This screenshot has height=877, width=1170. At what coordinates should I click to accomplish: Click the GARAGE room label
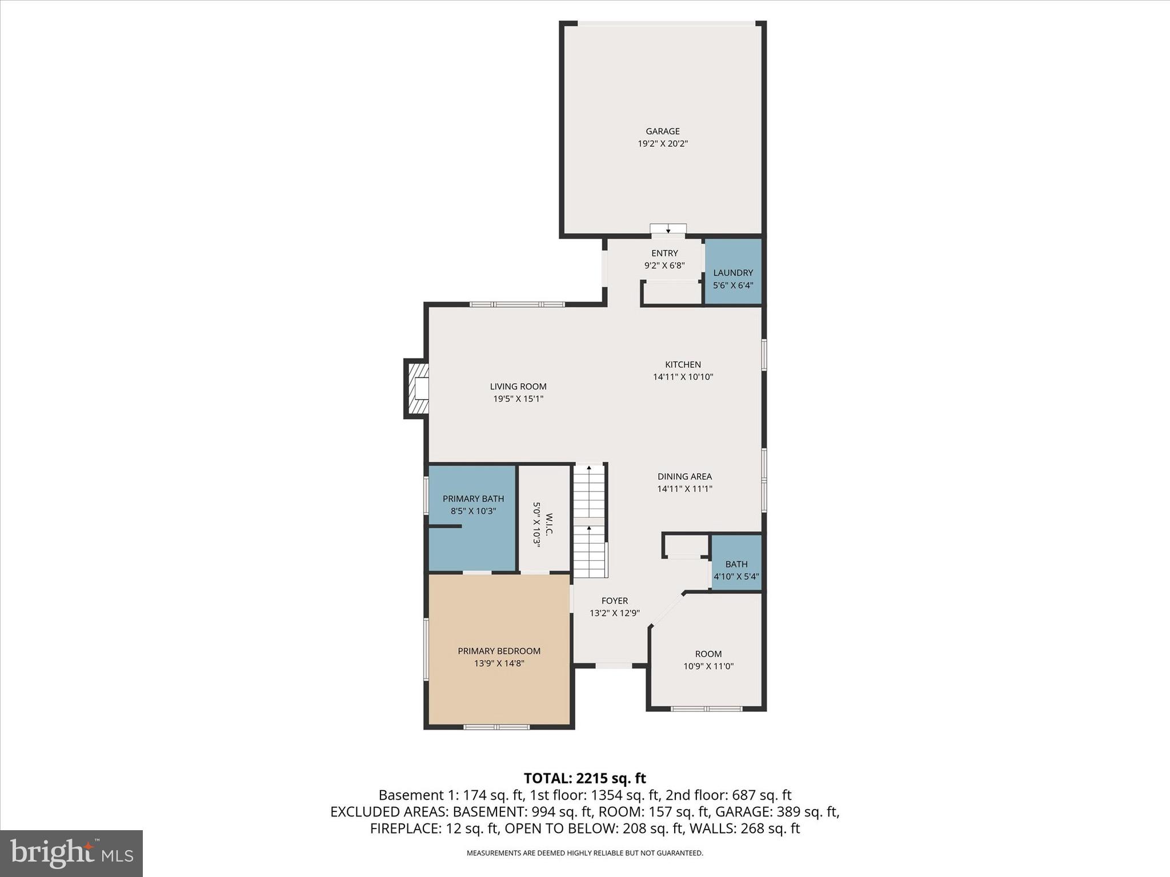click(663, 131)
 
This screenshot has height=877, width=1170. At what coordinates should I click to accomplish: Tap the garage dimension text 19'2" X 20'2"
click(663, 144)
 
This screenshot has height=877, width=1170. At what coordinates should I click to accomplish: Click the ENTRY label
click(664, 253)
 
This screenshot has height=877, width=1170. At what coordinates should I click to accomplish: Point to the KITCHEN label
click(683, 364)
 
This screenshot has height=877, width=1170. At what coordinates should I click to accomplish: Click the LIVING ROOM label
click(518, 387)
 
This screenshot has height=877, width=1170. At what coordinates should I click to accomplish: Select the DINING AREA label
click(684, 476)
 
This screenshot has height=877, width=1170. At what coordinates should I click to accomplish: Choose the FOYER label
click(615, 601)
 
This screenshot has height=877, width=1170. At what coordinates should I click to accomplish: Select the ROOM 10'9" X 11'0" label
click(708, 654)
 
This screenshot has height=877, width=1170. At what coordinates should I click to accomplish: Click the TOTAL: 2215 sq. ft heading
click(584, 778)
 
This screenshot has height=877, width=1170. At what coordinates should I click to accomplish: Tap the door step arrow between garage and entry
click(668, 230)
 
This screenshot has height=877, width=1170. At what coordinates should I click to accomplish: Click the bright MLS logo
click(71, 853)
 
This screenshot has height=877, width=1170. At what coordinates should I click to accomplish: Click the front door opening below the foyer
click(613, 665)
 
